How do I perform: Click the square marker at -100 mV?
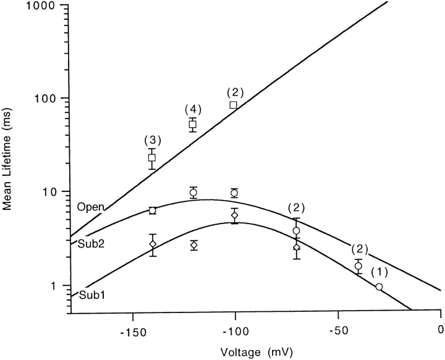click(x=234, y=105)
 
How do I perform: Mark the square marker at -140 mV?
click(x=152, y=157)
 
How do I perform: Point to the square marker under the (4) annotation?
click(x=193, y=124)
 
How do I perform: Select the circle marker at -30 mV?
click(x=379, y=287)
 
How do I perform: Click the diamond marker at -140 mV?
click(x=153, y=244)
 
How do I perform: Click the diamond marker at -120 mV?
click(x=193, y=245)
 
